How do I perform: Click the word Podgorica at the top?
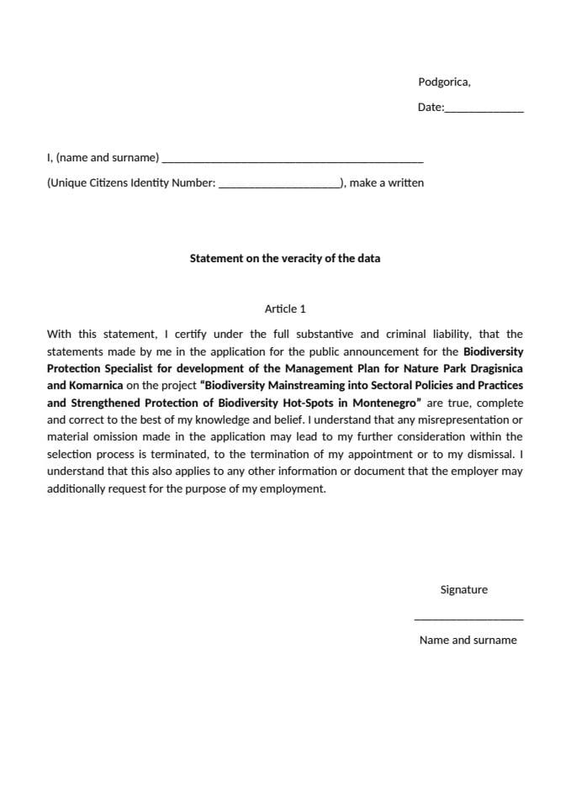(x=443, y=82)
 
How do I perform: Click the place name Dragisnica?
(x=492, y=368)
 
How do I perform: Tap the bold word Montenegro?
(x=383, y=403)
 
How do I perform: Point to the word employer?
(x=475, y=471)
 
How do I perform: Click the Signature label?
(x=463, y=590)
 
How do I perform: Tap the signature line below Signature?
(x=468, y=619)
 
